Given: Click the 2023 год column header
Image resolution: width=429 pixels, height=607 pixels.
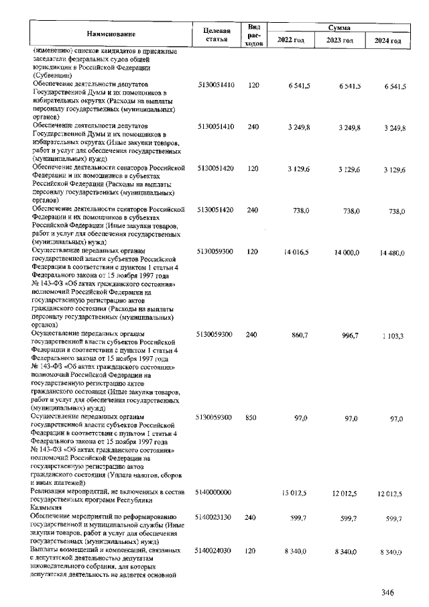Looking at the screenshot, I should click(340, 41).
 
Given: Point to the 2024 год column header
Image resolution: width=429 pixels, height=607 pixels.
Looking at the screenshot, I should click(388, 41).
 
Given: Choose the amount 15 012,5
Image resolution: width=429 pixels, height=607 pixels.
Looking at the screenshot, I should click(296, 494).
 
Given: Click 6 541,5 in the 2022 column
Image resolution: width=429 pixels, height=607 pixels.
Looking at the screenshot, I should click(297, 87).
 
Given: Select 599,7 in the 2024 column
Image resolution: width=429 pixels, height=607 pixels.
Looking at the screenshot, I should click(391, 518).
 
